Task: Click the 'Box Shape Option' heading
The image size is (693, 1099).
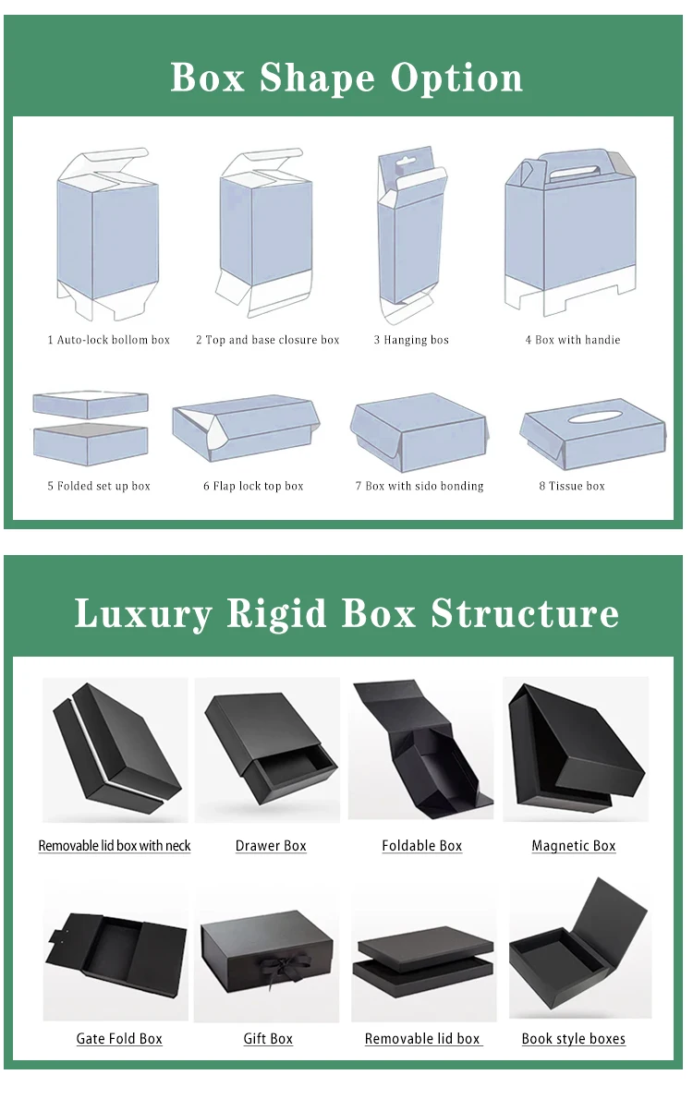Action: click(346, 77)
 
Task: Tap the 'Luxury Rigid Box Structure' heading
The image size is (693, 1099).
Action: click(346, 613)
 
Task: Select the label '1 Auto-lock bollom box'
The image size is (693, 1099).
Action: click(109, 340)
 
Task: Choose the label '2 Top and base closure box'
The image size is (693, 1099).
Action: click(267, 340)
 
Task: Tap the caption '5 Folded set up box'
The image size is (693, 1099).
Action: click(99, 486)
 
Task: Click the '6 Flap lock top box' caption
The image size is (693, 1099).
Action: click(253, 486)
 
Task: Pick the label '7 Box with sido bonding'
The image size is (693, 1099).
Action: click(419, 486)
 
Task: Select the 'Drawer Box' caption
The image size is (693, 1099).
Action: click(271, 846)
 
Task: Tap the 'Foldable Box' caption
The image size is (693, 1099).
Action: click(422, 846)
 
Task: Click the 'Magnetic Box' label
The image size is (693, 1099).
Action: click(574, 846)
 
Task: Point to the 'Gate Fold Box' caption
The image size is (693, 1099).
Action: click(119, 1039)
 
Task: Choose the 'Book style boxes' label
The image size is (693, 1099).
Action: click(574, 1039)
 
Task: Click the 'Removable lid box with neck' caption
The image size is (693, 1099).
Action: click(115, 846)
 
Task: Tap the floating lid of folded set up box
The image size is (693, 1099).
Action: click(91, 405)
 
